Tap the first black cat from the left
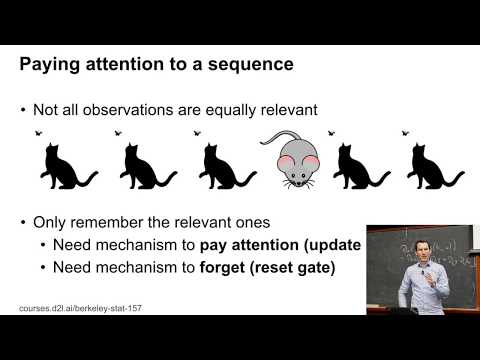click(63, 164)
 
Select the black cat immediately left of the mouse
click(222, 164)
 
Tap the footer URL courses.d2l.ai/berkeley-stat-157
click(80, 308)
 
